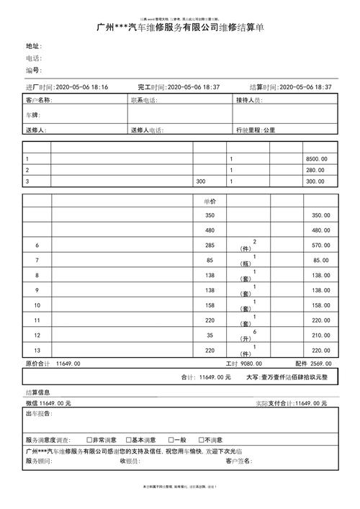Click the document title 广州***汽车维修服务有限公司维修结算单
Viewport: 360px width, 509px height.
click(180, 27)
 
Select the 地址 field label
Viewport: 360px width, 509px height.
click(34, 46)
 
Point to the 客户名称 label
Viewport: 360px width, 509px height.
click(39, 101)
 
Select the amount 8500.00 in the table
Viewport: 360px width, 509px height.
click(316, 158)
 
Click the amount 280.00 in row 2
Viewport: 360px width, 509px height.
click(316, 170)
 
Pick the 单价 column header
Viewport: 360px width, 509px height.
click(210, 202)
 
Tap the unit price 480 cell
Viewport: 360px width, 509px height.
click(210, 230)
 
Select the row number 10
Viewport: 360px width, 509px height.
click(37, 305)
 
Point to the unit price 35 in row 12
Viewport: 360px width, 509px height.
click(210, 335)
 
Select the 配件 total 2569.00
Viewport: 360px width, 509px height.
click(321, 364)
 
